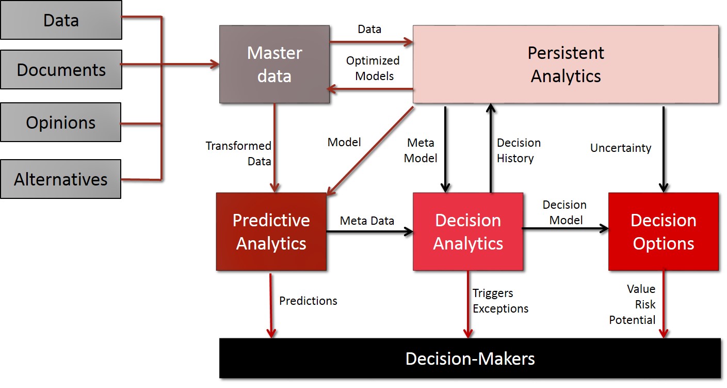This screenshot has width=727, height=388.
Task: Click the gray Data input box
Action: (61, 20)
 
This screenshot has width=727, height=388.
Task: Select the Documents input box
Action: (61, 70)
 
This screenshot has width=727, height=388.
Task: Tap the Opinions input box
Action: (61, 122)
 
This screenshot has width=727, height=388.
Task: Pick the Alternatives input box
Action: (61, 179)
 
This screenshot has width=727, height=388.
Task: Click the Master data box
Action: (274, 65)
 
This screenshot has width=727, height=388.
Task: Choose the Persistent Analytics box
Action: (566, 65)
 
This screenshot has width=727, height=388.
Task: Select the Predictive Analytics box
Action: (271, 231)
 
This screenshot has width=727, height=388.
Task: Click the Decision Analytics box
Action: (468, 231)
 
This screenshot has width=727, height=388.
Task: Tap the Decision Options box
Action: (664, 231)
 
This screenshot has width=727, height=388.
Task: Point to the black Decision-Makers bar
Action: (470, 359)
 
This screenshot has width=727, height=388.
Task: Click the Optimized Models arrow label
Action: (373, 68)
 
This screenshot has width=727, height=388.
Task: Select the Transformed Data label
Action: (238, 153)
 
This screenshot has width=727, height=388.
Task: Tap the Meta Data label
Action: (367, 221)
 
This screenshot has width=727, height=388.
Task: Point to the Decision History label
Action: (519, 150)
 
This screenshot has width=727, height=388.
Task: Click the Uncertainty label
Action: (621, 148)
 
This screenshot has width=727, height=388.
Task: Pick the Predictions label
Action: (309, 301)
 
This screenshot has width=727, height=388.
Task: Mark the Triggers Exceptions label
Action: (500, 301)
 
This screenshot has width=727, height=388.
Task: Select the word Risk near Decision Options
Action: (645, 304)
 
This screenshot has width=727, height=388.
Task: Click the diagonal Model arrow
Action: (370, 151)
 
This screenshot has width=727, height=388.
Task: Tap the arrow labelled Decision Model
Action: (565, 228)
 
